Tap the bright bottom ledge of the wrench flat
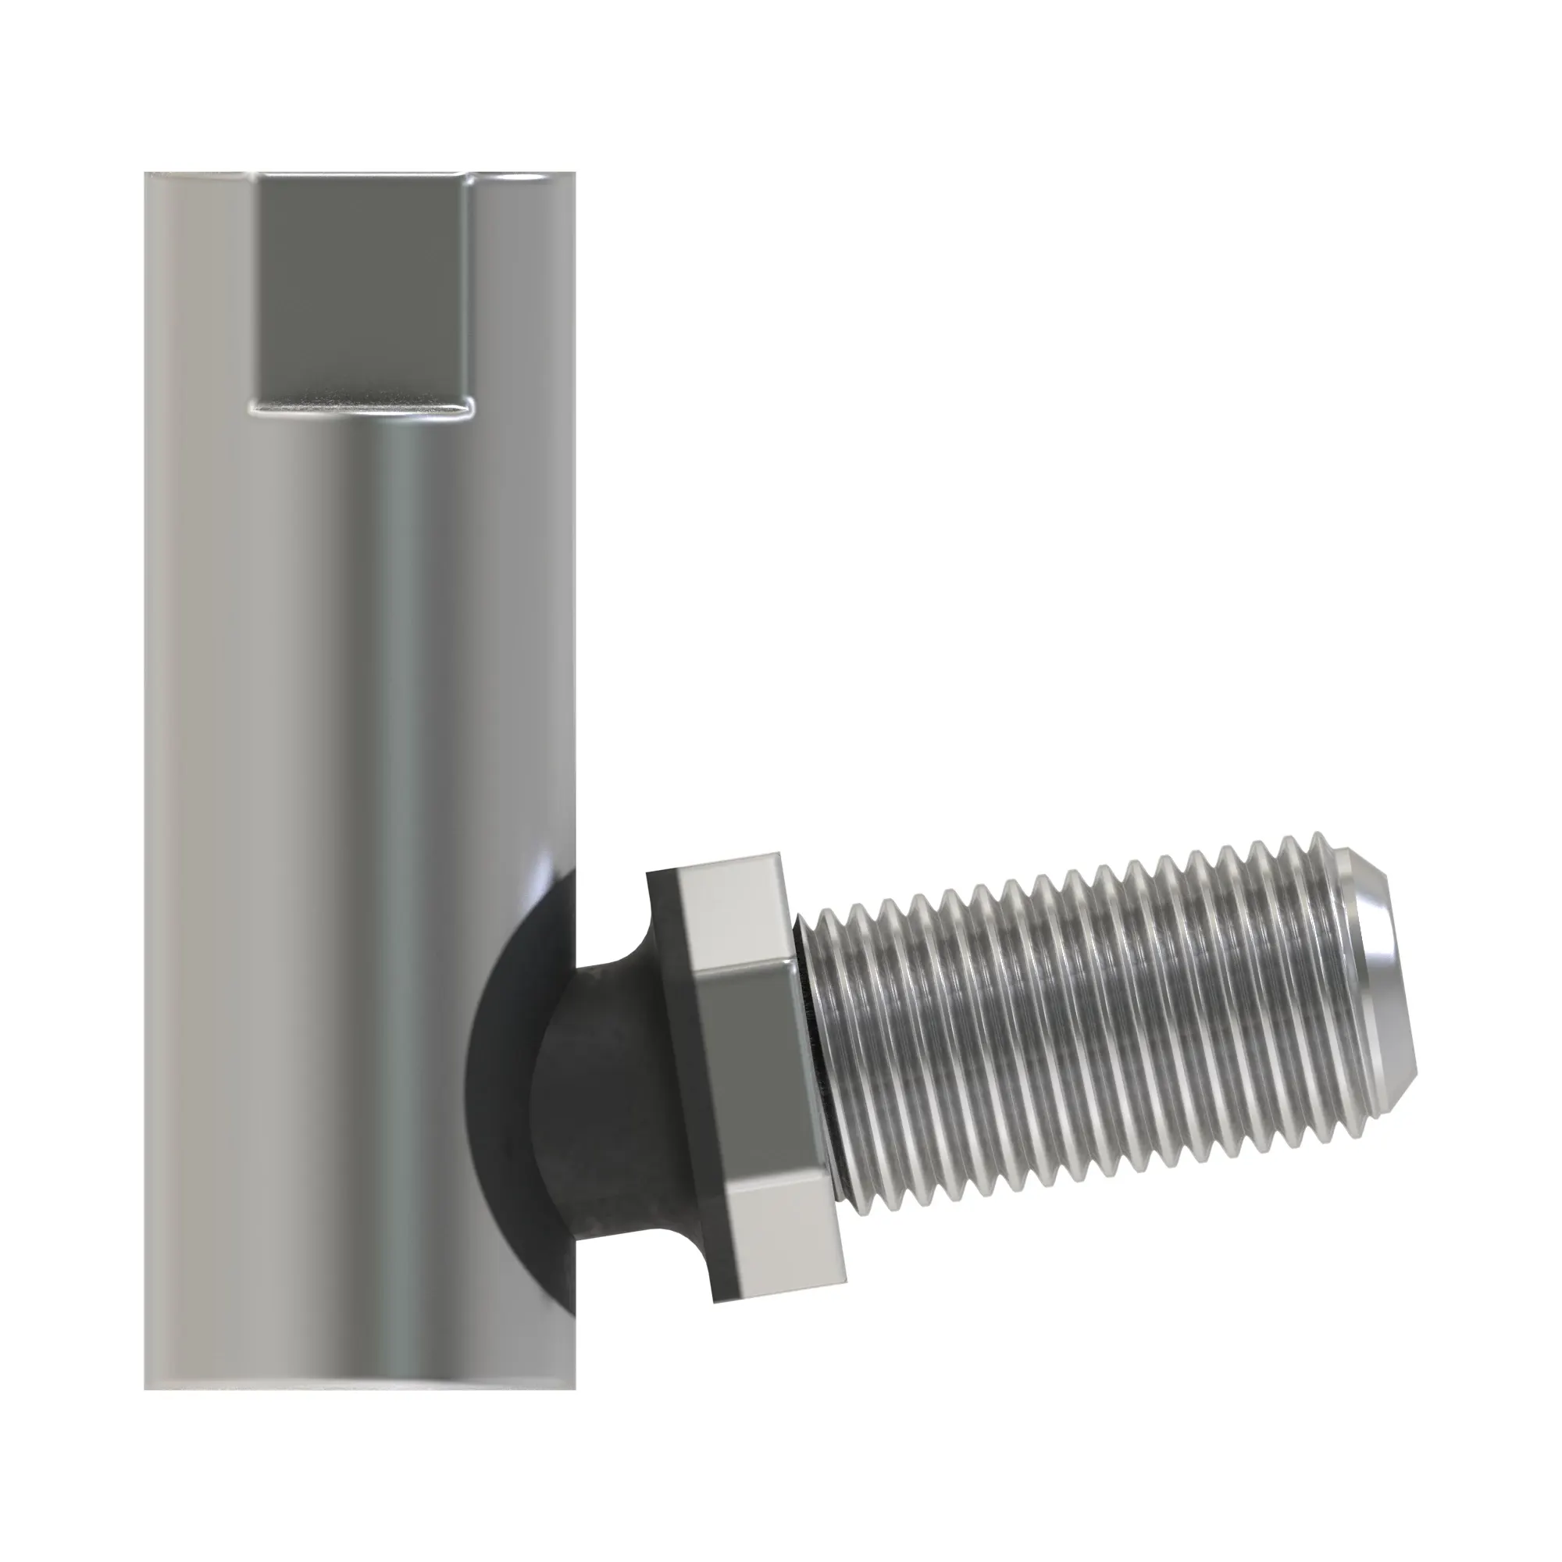click(x=361, y=407)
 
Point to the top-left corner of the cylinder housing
click(x=146, y=174)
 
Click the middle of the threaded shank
click(x=1092, y=1043)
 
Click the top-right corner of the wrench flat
click(x=469, y=176)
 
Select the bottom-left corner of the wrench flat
click(x=252, y=412)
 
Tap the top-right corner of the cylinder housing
click(x=575, y=174)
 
